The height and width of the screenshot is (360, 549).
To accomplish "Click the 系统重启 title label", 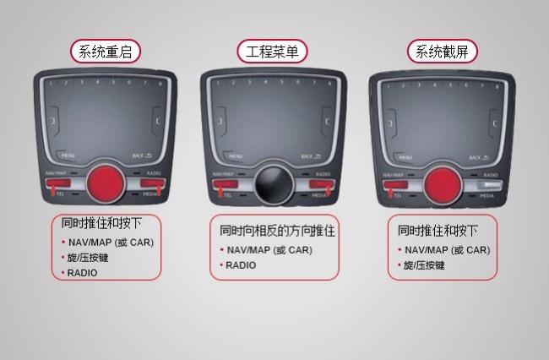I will coord(105,51).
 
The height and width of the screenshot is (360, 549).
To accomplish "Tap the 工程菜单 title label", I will coord(273,51).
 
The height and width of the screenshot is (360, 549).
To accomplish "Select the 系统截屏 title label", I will coord(442,52).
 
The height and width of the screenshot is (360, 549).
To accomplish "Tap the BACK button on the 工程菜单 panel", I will coord(310,156).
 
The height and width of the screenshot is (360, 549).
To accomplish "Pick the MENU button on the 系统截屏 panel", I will coord(405,157).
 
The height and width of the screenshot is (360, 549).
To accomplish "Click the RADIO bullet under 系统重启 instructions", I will coord(83,272).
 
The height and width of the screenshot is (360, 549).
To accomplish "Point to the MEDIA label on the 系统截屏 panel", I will coord(487,196).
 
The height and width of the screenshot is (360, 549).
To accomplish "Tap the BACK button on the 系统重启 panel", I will coord(143,156).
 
